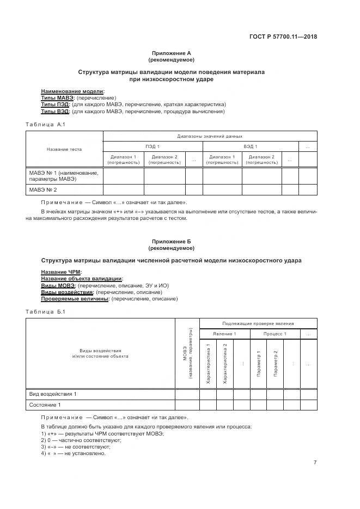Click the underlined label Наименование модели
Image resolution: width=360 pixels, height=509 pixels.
click(x=73, y=91)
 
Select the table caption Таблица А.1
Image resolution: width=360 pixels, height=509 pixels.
click(x=45, y=125)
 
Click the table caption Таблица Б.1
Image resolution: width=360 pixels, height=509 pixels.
click(x=45, y=311)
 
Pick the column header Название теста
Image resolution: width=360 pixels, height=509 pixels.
click(x=64, y=149)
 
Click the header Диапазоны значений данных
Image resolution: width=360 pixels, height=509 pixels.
click(x=210, y=136)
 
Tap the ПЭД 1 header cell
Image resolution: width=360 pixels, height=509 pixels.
click(x=152, y=147)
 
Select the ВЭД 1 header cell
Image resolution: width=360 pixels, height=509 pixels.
click(x=251, y=147)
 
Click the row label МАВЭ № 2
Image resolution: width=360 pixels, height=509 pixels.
click(x=43, y=190)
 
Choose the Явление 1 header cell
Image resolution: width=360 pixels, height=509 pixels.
click(x=224, y=334)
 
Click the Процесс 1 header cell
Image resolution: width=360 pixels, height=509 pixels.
click(x=274, y=334)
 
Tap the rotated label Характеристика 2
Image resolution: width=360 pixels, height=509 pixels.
click(x=225, y=364)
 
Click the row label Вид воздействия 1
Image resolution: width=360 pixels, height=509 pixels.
click(x=53, y=394)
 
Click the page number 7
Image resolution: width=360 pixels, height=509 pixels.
click(x=315, y=463)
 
